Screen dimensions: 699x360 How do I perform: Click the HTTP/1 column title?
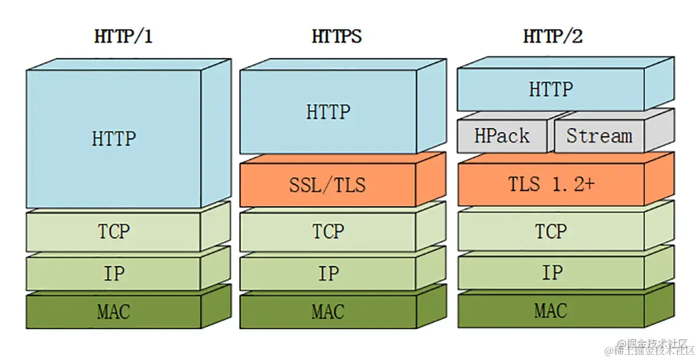tap(123, 36)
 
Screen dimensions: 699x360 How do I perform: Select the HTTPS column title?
tap(337, 36)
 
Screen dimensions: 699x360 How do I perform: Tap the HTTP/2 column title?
tap(553, 36)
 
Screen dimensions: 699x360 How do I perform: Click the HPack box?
tap(502, 136)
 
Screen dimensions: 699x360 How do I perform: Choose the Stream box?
tap(599, 136)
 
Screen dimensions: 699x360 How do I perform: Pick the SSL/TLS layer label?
tap(328, 185)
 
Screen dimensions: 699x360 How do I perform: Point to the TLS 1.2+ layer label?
tap(551, 184)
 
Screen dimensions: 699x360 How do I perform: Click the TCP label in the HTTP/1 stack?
tap(113, 231)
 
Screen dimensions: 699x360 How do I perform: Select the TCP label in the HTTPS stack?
tap(328, 231)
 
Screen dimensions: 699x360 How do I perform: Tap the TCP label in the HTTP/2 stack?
tap(551, 231)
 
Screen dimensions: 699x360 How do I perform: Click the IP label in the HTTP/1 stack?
tap(114, 273)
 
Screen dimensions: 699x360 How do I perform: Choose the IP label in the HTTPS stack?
tap(328, 273)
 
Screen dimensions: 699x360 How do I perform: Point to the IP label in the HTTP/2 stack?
tap(553, 272)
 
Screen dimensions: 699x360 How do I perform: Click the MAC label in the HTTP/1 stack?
tap(113, 312)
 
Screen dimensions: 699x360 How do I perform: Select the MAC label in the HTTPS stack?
tap(328, 312)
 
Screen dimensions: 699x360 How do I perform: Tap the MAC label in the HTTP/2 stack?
tap(550, 310)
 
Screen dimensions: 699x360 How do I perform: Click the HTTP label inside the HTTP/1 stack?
tap(113, 138)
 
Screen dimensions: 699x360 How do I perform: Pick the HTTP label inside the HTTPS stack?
tap(328, 112)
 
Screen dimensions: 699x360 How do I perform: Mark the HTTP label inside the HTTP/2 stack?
tap(551, 89)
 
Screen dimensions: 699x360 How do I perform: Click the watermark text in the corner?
tap(650, 347)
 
